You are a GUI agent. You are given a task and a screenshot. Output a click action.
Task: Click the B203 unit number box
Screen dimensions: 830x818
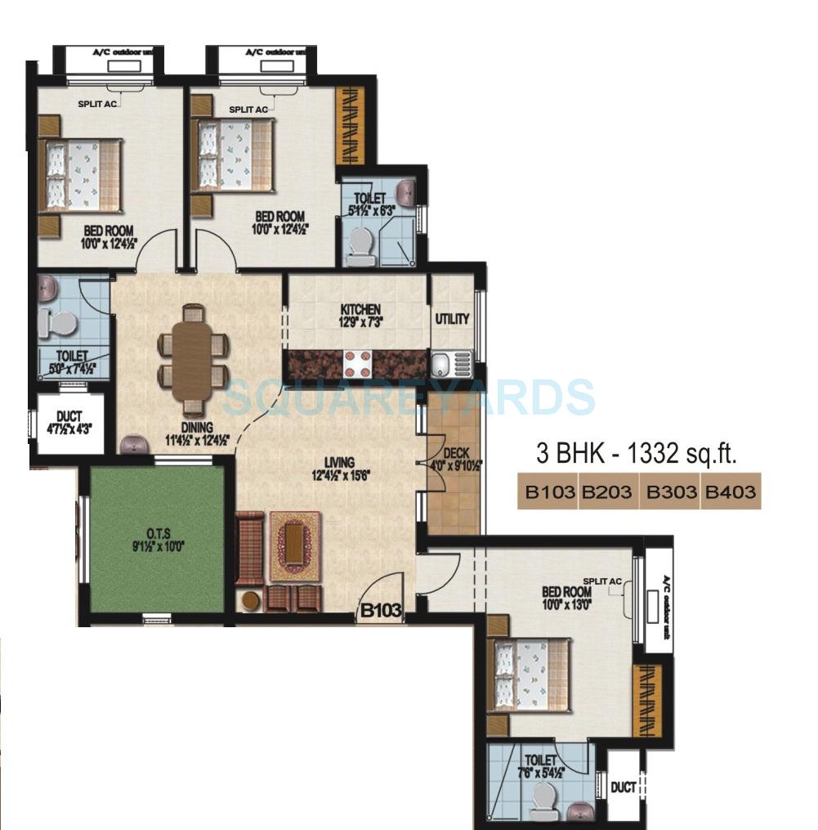pos(609,493)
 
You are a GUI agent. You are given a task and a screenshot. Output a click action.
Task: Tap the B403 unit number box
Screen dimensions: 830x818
pos(731,493)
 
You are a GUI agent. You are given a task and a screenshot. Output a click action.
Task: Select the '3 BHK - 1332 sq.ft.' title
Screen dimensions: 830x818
pos(637,455)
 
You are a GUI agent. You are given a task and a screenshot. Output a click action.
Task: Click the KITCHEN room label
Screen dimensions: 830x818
pos(360,310)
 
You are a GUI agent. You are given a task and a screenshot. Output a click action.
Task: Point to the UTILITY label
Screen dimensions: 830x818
pos(452,319)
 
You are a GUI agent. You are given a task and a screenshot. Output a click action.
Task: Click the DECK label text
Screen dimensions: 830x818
pos(455,454)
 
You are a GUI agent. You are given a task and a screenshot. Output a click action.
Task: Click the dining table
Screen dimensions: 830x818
pos(194,357)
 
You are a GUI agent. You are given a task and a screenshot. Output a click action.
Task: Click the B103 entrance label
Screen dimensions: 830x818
pos(382,610)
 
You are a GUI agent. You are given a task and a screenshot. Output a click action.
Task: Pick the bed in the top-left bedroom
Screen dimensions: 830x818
pos(81,174)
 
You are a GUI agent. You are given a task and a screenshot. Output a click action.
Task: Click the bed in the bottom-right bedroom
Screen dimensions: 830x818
pos(529,675)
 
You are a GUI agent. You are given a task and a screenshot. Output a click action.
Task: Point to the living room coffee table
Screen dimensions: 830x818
pos(294,545)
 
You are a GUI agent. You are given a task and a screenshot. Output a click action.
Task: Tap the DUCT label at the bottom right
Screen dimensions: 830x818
pos(624,787)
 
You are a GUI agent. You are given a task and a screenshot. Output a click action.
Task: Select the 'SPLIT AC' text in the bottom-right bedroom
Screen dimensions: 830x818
pos(603,581)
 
